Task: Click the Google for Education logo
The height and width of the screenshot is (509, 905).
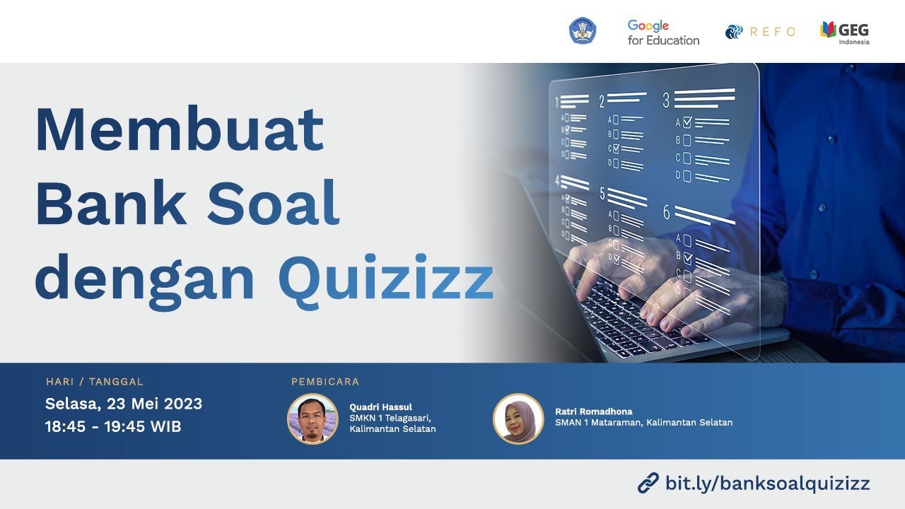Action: click(662, 33)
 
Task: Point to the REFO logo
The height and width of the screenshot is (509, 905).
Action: click(760, 32)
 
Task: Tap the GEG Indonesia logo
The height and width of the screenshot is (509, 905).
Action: click(845, 33)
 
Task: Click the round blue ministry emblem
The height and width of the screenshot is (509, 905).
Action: click(583, 31)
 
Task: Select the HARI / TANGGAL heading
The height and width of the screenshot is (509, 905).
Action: click(95, 382)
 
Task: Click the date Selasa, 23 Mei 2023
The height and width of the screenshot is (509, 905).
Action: click(124, 404)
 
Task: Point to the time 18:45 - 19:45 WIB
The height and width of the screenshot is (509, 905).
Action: click(113, 427)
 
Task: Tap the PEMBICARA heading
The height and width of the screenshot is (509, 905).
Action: click(325, 382)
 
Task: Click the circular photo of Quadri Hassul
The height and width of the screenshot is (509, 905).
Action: click(313, 419)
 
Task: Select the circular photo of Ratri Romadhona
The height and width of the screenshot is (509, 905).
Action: click(518, 419)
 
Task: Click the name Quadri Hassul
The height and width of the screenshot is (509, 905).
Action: click(380, 407)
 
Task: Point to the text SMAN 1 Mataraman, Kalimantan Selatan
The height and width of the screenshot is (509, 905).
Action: click(643, 423)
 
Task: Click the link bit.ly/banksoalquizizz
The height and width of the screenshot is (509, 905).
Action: click(767, 484)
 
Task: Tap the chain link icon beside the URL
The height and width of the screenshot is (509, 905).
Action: click(648, 484)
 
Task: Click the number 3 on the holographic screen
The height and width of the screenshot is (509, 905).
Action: click(666, 100)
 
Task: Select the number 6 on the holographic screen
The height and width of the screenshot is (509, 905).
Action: click(666, 211)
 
